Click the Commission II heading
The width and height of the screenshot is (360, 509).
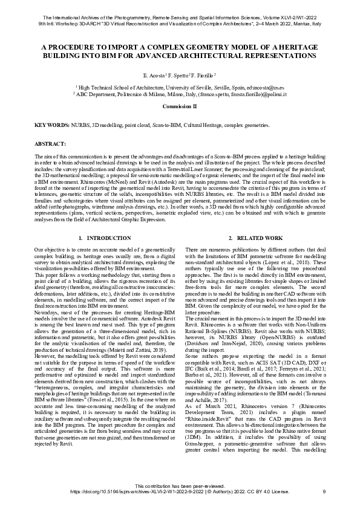click(179, 106)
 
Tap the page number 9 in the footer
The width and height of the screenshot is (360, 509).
click(324, 491)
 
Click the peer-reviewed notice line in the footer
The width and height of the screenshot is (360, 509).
click(179, 486)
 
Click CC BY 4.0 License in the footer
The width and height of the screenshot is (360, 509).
click(271, 491)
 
